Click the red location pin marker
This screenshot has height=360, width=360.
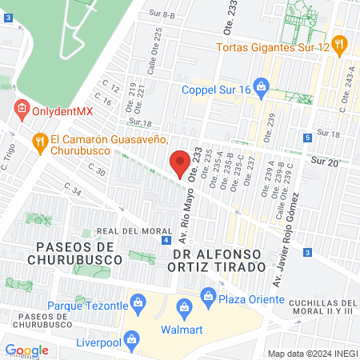[x=180, y=165]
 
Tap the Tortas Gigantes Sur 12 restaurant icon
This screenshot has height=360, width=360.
[x=339, y=44]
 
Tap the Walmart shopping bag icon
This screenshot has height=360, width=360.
[x=185, y=307]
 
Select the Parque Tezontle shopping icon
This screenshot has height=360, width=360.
[x=138, y=302]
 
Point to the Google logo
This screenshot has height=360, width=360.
[x=26, y=350]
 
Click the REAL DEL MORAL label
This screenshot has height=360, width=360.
[x=124, y=231]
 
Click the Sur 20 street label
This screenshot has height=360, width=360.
[x=325, y=162]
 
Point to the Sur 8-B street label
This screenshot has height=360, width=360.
[x=162, y=14]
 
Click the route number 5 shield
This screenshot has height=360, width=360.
[x=308, y=138]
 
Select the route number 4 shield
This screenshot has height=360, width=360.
[x=166, y=240]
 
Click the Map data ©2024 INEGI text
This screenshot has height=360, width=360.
[x=311, y=353]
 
